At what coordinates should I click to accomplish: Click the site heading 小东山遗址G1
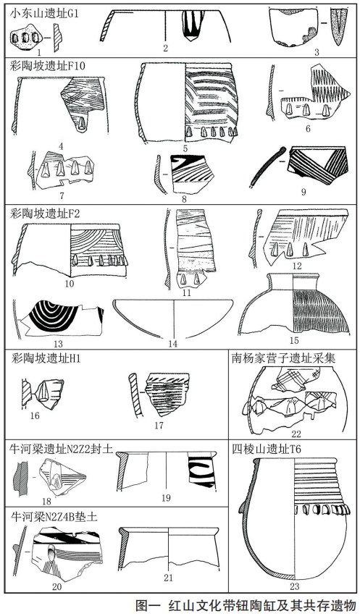(x=44, y=14)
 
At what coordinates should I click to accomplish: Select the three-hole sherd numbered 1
(x=25, y=37)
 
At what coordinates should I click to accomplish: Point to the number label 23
(x=294, y=587)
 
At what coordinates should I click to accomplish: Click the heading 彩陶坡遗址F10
(x=48, y=65)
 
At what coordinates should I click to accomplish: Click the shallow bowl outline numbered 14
(x=173, y=318)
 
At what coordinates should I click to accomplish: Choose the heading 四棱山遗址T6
(x=267, y=449)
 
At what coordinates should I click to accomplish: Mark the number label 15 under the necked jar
(x=293, y=340)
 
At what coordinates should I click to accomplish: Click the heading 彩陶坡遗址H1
(x=45, y=358)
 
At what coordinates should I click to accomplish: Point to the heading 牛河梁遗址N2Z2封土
(x=61, y=449)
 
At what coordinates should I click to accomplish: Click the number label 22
(x=296, y=434)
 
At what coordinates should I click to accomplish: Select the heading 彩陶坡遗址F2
(x=45, y=215)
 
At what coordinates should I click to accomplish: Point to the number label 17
(x=159, y=425)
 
